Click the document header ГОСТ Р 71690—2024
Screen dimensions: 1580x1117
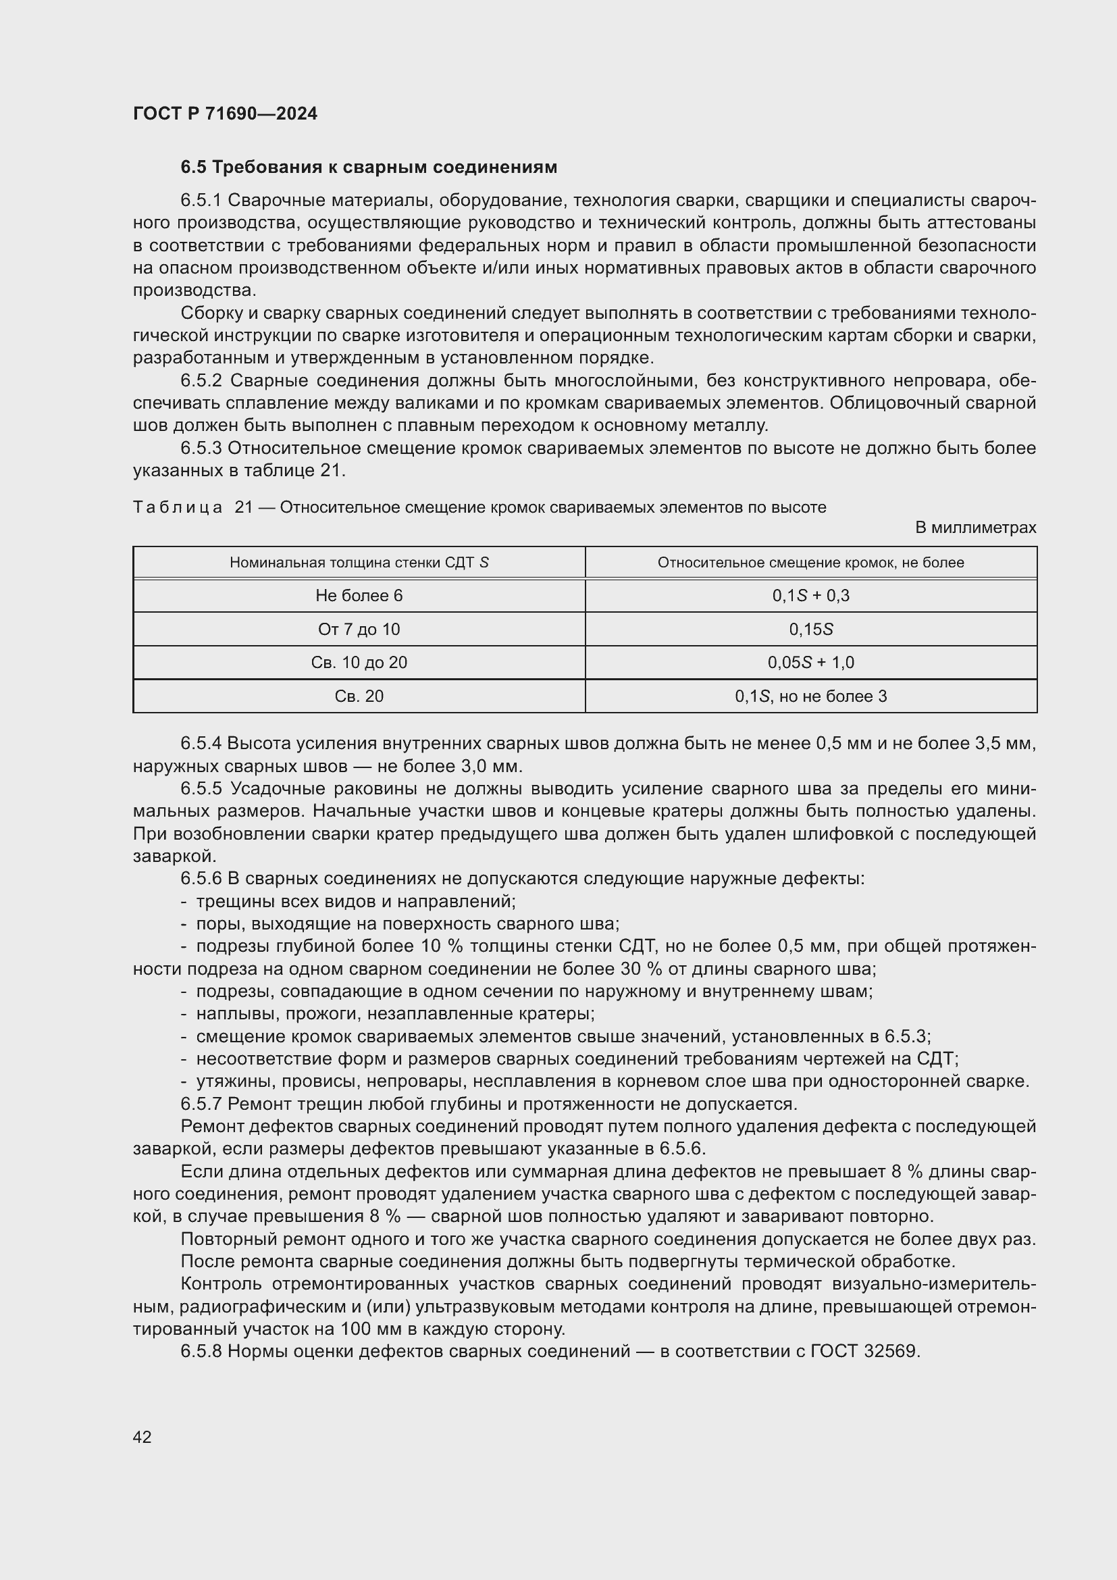225,113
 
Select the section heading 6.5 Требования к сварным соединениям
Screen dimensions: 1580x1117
369,168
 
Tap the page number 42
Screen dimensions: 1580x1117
142,1437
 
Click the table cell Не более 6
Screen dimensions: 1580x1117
359,596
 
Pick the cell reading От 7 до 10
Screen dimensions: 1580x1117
359,630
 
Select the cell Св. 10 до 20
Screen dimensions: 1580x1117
359,663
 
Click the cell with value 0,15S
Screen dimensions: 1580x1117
811,630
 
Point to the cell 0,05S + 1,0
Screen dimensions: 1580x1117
811,663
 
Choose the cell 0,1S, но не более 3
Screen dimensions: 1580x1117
811,696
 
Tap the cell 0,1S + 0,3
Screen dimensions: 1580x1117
811,596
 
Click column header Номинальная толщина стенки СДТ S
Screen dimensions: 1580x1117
359,563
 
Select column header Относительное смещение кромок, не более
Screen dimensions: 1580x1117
811,563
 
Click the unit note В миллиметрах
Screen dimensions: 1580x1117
975,528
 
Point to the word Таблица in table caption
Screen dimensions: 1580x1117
178,508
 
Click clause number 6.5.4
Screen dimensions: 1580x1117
201,744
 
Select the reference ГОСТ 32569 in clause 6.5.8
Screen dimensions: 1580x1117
864,1351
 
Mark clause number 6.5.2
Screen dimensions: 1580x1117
201,381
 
